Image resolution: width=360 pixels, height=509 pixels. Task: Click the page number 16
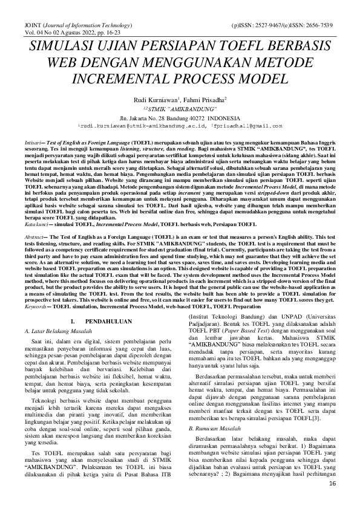coord(332,501)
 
